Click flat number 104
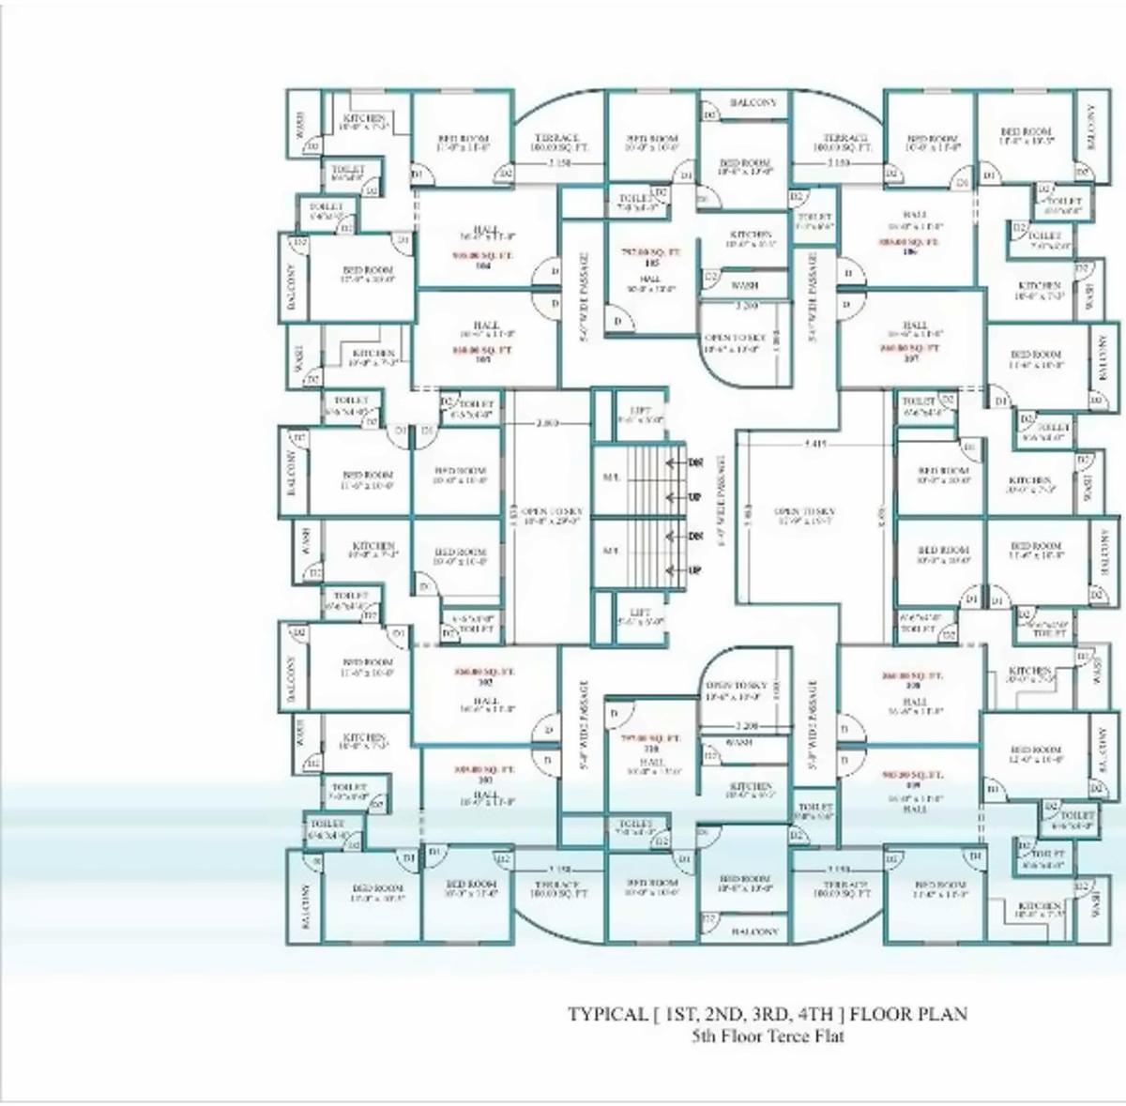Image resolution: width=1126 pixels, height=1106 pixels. (484, 265)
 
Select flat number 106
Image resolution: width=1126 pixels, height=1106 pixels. (907, 251)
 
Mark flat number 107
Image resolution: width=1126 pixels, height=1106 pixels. (909, 357)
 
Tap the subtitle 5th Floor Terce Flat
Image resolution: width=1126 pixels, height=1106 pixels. (768, 1037)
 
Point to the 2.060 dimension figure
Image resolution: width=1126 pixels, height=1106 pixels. (547, 423)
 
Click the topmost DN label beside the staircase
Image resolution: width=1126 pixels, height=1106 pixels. (695, 462)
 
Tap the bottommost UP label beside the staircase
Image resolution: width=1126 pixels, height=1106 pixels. (695, 569)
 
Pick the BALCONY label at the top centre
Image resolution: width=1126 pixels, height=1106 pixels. (753, 103)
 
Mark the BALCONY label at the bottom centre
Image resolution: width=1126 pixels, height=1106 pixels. (753, 932)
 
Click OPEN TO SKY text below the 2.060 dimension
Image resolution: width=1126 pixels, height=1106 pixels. (548, 511)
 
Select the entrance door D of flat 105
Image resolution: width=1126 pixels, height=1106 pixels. (616, 321)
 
